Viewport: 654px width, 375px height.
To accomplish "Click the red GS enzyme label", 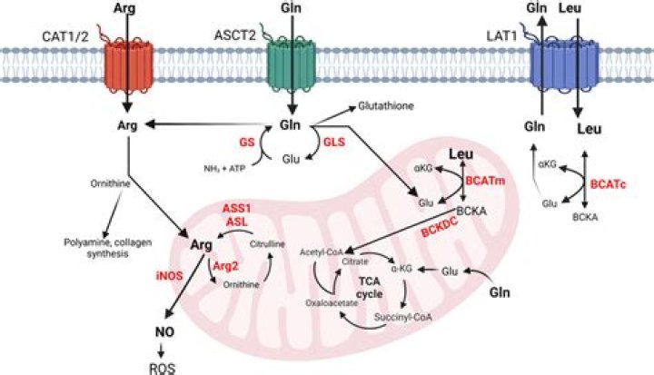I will pos(247,142).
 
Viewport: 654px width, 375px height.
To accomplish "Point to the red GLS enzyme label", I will pos(334,143).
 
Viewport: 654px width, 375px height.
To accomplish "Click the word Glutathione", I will pos(386,106).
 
